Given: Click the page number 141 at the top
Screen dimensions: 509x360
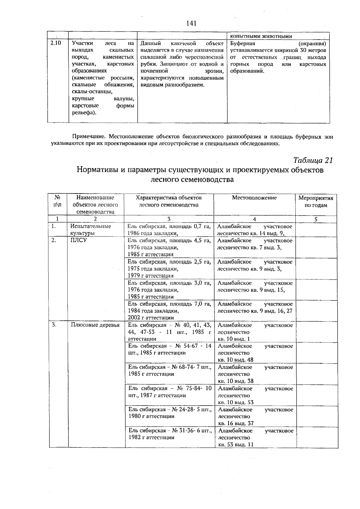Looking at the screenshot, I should [191, 23].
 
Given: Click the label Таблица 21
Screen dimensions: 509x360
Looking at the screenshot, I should [313, 160].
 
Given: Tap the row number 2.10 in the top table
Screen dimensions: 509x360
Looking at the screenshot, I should [55, 43].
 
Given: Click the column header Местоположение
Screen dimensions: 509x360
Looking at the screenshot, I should [254, 198].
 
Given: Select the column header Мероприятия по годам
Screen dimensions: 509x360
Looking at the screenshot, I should [316, 202].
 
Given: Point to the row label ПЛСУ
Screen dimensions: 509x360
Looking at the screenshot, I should [78, 240].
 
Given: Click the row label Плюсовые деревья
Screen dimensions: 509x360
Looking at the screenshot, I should [95, 325].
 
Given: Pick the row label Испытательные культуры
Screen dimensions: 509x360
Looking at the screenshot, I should [90, 230].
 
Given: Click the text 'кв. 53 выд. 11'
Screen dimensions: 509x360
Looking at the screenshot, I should [236, 444].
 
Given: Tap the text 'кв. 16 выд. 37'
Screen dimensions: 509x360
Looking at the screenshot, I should [236, 423].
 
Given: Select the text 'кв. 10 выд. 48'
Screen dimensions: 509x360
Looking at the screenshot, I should [235, 360].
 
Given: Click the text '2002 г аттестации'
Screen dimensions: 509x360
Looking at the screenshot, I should [151, 318].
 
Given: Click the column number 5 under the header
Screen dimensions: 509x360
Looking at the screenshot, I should [316, 219].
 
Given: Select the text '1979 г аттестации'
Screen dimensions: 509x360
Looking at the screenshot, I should [151, 276].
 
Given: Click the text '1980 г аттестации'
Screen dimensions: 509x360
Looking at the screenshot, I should [151, 416].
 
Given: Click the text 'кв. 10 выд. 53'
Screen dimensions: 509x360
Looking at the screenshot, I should [235, 402].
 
